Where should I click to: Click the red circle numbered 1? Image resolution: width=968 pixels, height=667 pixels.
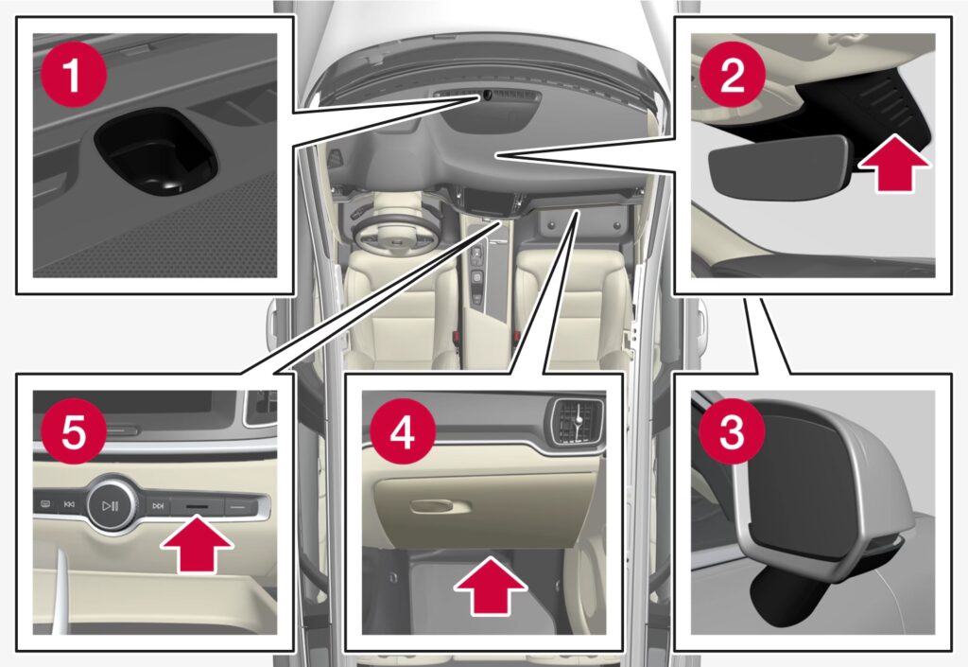74,75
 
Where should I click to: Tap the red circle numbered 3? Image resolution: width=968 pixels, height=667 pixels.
733,431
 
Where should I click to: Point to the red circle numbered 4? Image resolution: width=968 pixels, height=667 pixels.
403,431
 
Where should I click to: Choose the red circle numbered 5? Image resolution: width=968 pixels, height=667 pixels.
74,431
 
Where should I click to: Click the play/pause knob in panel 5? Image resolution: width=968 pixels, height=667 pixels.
111,506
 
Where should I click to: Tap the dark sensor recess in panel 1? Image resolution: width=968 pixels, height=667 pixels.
157,151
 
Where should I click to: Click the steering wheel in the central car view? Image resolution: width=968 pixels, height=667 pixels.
396,231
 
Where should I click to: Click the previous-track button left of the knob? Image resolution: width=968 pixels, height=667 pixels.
68,504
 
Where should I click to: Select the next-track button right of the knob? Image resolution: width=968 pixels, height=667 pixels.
158,506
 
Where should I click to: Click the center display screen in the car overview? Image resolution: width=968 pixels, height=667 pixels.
489,201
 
